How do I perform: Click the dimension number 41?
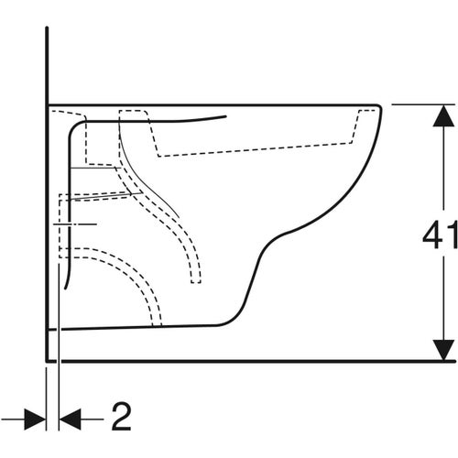click(440, 234)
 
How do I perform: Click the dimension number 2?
click(121, 416)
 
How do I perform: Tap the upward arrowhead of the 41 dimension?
click(443, 115)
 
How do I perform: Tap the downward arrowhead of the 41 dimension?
click(443, 350)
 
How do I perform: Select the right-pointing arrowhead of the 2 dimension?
click(35, 420)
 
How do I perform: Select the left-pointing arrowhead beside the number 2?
click(70, 420)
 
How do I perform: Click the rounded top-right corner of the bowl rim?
click(378, 107)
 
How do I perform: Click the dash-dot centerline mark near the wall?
click(75, 224)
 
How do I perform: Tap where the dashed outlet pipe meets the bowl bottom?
click(157, 325)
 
